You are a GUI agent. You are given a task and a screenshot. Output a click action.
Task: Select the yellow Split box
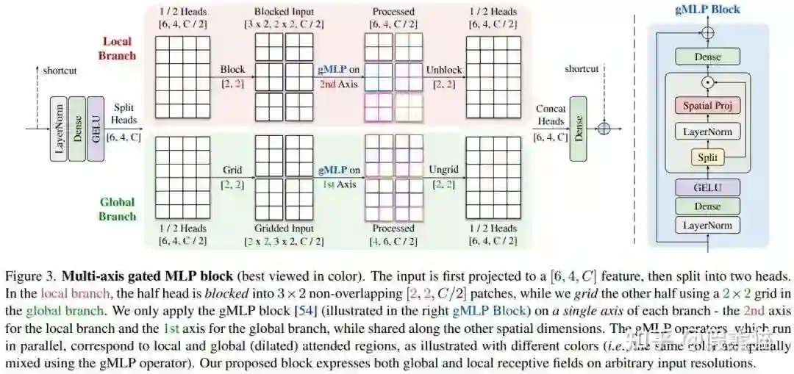pyautogui.click(x=707, y=157)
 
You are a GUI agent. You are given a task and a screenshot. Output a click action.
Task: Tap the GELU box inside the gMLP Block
pyautogui.click(x=707, y=187)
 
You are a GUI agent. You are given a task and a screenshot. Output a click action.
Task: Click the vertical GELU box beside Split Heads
pyautogui.click(x=96, y=128)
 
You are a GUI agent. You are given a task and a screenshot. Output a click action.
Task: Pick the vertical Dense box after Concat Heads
pyautogui.click(x=578, y=128)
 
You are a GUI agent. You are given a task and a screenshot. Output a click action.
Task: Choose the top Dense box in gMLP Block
pyautogui.click(x=707, y=57)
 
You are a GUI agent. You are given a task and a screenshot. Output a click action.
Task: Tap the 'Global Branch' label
pyautogui.click(x=118, y=209)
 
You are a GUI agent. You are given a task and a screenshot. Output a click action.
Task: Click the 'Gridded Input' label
pyautogui.click(x=283, y=229)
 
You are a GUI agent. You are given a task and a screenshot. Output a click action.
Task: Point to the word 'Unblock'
pyautogui.click(x=444, y=71)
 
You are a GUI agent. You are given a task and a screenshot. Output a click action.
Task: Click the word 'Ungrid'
pyautogui.click(x=443, y=170)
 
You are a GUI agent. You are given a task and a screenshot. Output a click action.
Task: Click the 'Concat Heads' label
pyautogui.click(x=551, y=115)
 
